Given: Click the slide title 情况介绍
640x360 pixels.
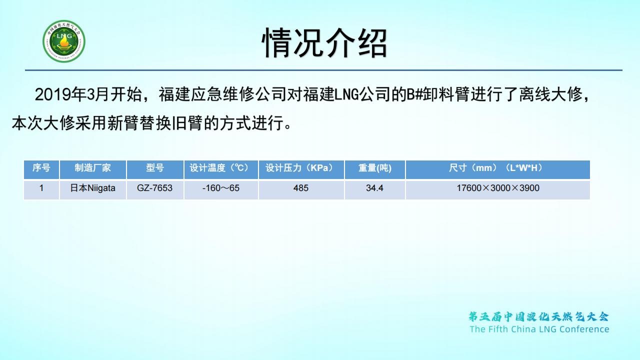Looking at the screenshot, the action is pyautogui.click(x=324, y=43).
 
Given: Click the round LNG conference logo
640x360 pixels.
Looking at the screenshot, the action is pyautogui.click(x=64, y=41).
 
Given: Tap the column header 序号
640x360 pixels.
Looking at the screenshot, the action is pyautogui.click(x=41, y=167).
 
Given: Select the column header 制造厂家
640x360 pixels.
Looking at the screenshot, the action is pyautogui.click(x=92, y=167).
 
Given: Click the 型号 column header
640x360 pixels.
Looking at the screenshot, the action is pyautogui.click(x=155, y=167).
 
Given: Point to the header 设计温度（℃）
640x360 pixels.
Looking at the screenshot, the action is pyautogui.click(x=221, y=167).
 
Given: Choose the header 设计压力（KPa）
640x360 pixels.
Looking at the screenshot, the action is pyautogui.click(x=301, y=167).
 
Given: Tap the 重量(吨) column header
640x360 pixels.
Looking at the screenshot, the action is pyautogui.click(x=375, y=168).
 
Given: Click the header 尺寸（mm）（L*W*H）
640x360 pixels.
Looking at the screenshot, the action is pyautogui.click(x=497, y=167).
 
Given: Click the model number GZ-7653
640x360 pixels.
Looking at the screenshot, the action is pyautogui.click(x=154, y=188).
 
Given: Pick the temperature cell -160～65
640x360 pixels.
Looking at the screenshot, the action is pyautogui.click(x=221, y=188).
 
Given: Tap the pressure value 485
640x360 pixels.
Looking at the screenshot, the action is pyautogui.click(x=301, y=188).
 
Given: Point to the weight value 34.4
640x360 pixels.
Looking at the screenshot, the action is pyautogui.click(x=374, y=188).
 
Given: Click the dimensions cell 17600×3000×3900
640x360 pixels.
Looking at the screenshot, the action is pyautogui.click(x=497, y=188).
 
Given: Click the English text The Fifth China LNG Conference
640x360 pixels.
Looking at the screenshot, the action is pyautogui.click(x=539, y=329).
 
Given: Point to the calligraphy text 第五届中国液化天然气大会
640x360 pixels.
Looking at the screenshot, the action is pyautogui.click(x=539, y=316).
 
